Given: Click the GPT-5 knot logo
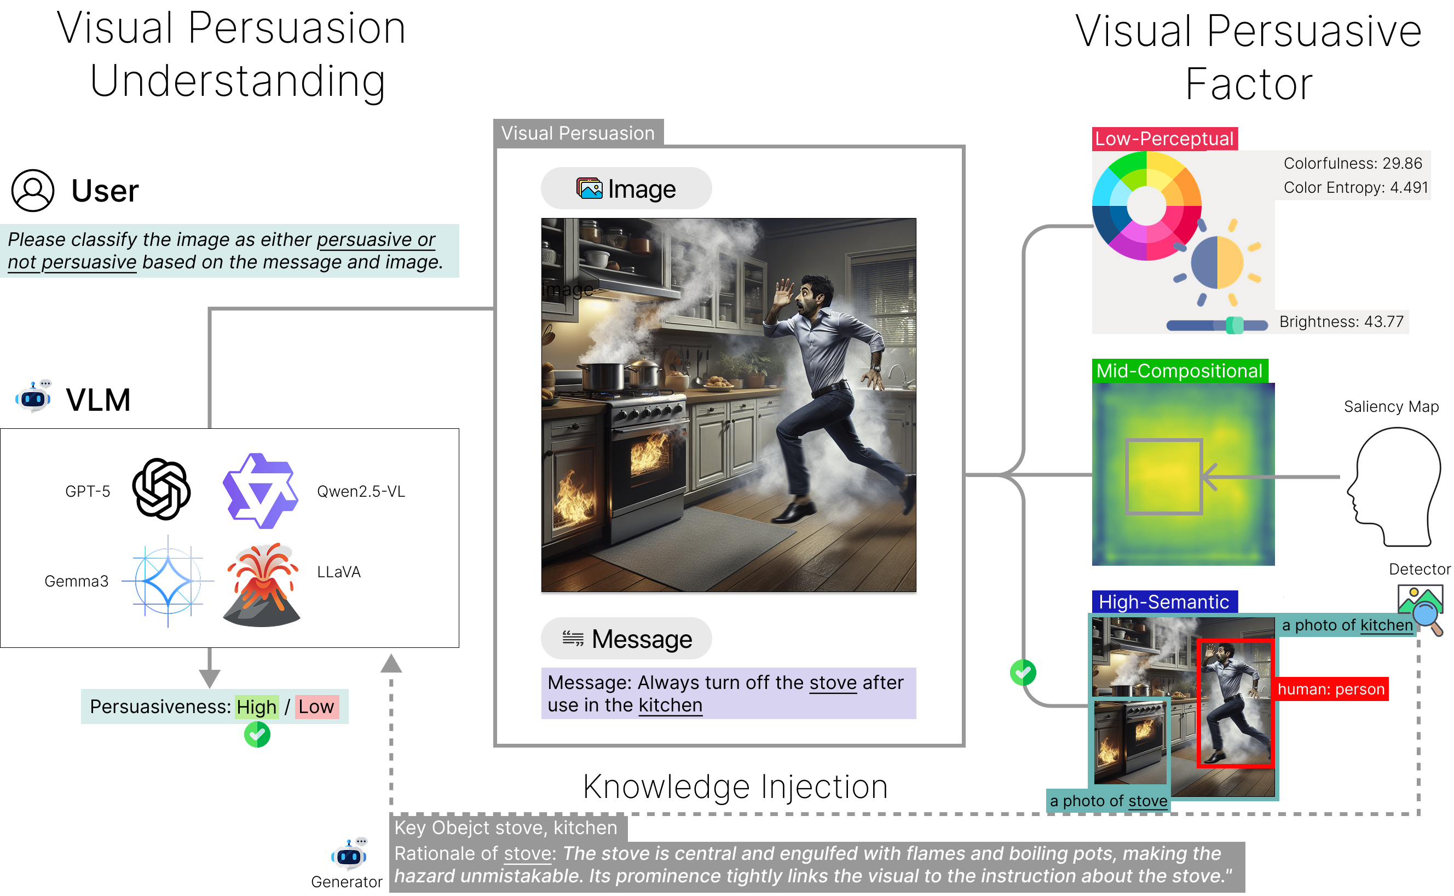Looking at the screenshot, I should [161, 489].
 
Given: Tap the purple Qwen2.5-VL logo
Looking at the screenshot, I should [261, 491].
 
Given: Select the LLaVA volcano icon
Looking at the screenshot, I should [262, 585].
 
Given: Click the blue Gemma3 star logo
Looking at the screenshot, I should [168, 581].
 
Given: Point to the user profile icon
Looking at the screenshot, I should [33, 191].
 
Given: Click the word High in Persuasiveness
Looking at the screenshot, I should [256, 707].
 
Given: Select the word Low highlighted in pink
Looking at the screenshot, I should [316, 707].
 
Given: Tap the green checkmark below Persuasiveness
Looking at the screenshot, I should [257, 736].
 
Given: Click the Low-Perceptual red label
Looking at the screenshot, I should [1164, 139].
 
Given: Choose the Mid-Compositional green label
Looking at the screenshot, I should [1179, 371].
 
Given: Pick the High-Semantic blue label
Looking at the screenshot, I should [1164, 602].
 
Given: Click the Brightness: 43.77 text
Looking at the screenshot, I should [1341, 322].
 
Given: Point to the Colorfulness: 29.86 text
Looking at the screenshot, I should [1353, 163].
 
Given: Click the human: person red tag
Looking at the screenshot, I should [1331, 689].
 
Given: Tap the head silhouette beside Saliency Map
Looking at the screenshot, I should [1396, 486].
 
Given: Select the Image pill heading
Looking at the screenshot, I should [626, 189].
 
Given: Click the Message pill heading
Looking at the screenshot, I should [626, 639].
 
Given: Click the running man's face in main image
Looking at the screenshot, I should [810, 296].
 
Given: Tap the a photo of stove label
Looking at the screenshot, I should [1108, 801].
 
